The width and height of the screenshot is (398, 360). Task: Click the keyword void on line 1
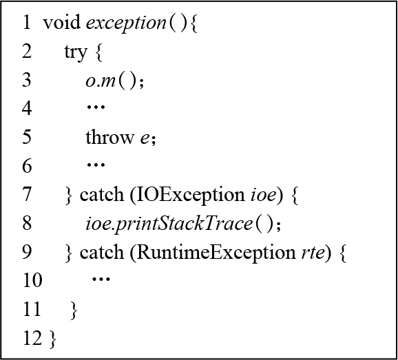tap(62, 22)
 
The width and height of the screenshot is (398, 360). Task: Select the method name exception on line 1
tap(126, 23)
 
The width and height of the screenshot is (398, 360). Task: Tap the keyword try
tap(75, 53)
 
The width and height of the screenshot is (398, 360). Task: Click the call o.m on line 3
tap(101, 81)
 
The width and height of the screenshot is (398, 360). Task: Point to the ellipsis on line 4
tap(96, 107)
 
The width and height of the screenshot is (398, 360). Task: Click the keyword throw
tap(109, 137)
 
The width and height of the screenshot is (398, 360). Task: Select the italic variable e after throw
tap(144, 139)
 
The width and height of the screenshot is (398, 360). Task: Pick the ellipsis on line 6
tap(96, 165)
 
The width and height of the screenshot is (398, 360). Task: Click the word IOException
tap(190, 195)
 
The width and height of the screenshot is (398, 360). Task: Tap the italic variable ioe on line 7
tap(263, 195)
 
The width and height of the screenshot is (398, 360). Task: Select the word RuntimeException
tap(216, 253)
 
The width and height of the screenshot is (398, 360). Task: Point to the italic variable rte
tap(313, 253)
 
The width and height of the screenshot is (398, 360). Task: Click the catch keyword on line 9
tap(102, 253)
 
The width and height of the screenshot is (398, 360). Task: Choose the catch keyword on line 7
tap(102, 195)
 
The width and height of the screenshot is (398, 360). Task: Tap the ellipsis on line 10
tap(101, 279)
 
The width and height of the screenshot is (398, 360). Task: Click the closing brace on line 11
tap(74, 310)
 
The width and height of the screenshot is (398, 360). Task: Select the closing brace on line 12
tap(53, 339)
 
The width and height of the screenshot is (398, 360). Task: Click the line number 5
tap(27, 137)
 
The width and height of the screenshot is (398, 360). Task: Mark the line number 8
tap(27, 223)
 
